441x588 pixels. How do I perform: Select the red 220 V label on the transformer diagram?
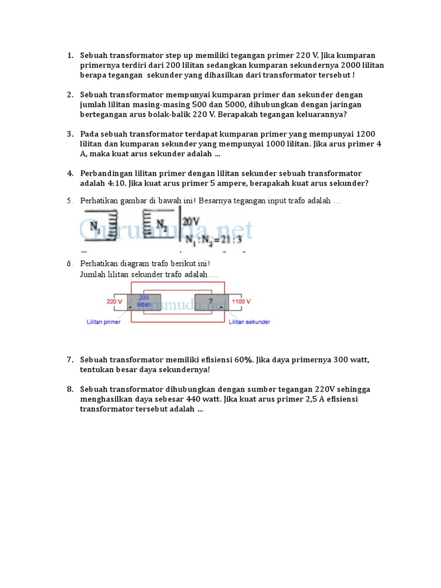[x=114, y=301]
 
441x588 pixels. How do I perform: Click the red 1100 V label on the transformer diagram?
[x=241, y=301]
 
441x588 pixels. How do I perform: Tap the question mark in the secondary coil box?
[x=211, y=301]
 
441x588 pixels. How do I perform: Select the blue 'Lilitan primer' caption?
[x=103, y=322]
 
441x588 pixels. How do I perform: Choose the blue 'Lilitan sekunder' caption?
[x=249, y=322]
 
